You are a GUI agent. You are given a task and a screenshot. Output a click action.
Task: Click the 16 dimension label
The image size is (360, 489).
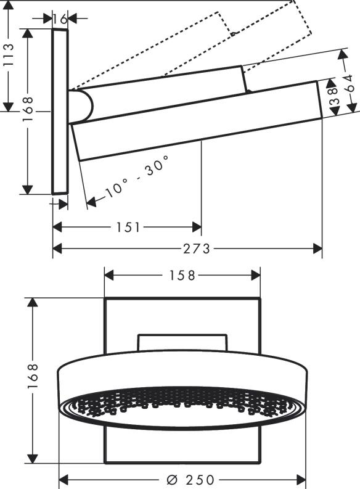(x=60, y=18)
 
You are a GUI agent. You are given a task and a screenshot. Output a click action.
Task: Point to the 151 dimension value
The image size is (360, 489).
(x=128, y=228)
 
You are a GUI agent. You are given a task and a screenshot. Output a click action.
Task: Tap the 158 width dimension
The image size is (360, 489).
(x=182, y=274)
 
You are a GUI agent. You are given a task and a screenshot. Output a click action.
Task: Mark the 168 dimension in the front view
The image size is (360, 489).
(x=33, y=380)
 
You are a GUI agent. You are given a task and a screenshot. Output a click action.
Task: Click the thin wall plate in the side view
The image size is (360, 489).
(x=60, y=111)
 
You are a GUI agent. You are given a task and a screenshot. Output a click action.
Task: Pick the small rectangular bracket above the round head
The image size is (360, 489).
(x=182, y=342)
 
